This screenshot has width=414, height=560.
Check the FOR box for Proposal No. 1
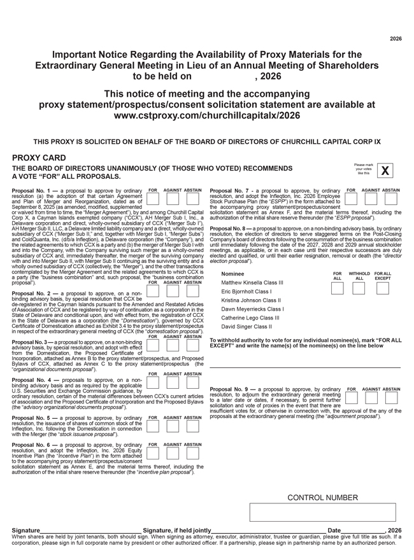153,199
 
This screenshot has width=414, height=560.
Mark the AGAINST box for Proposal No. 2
173,291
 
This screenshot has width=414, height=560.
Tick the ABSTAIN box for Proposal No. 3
192,345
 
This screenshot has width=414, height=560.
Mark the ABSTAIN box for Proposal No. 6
192,453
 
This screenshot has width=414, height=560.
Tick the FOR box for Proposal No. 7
352,199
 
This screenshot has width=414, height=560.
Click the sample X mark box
385,171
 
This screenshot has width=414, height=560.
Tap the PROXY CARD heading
38,157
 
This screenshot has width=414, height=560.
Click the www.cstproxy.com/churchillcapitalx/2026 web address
207,115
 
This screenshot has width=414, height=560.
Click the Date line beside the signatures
364,529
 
